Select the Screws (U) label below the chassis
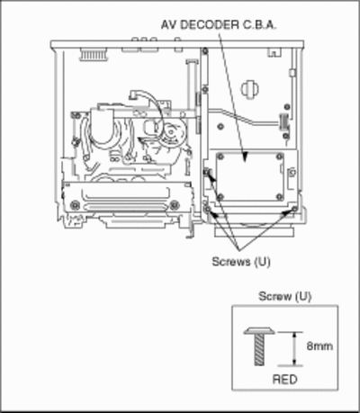click(x=241, y=262)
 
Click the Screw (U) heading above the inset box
click(x=285, y=296)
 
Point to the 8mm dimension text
click(x=319, y=346)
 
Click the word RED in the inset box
click(x=284, y=379)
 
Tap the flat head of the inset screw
click(x=259, y=331)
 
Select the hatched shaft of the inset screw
click(x=259, y=350)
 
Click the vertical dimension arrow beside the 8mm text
click(x=294, y=349)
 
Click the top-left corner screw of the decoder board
click(x=220, y=157)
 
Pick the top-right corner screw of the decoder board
click(x=280, y=157)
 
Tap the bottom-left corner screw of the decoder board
click(x=220, y=197)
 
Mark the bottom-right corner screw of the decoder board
click(x=280, y=197)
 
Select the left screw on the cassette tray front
click(x=75, y=205)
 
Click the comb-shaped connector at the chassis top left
click(x=94, y=55)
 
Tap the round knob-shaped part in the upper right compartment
click(x=249, y=88)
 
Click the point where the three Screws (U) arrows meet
click(x=238, y=250)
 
